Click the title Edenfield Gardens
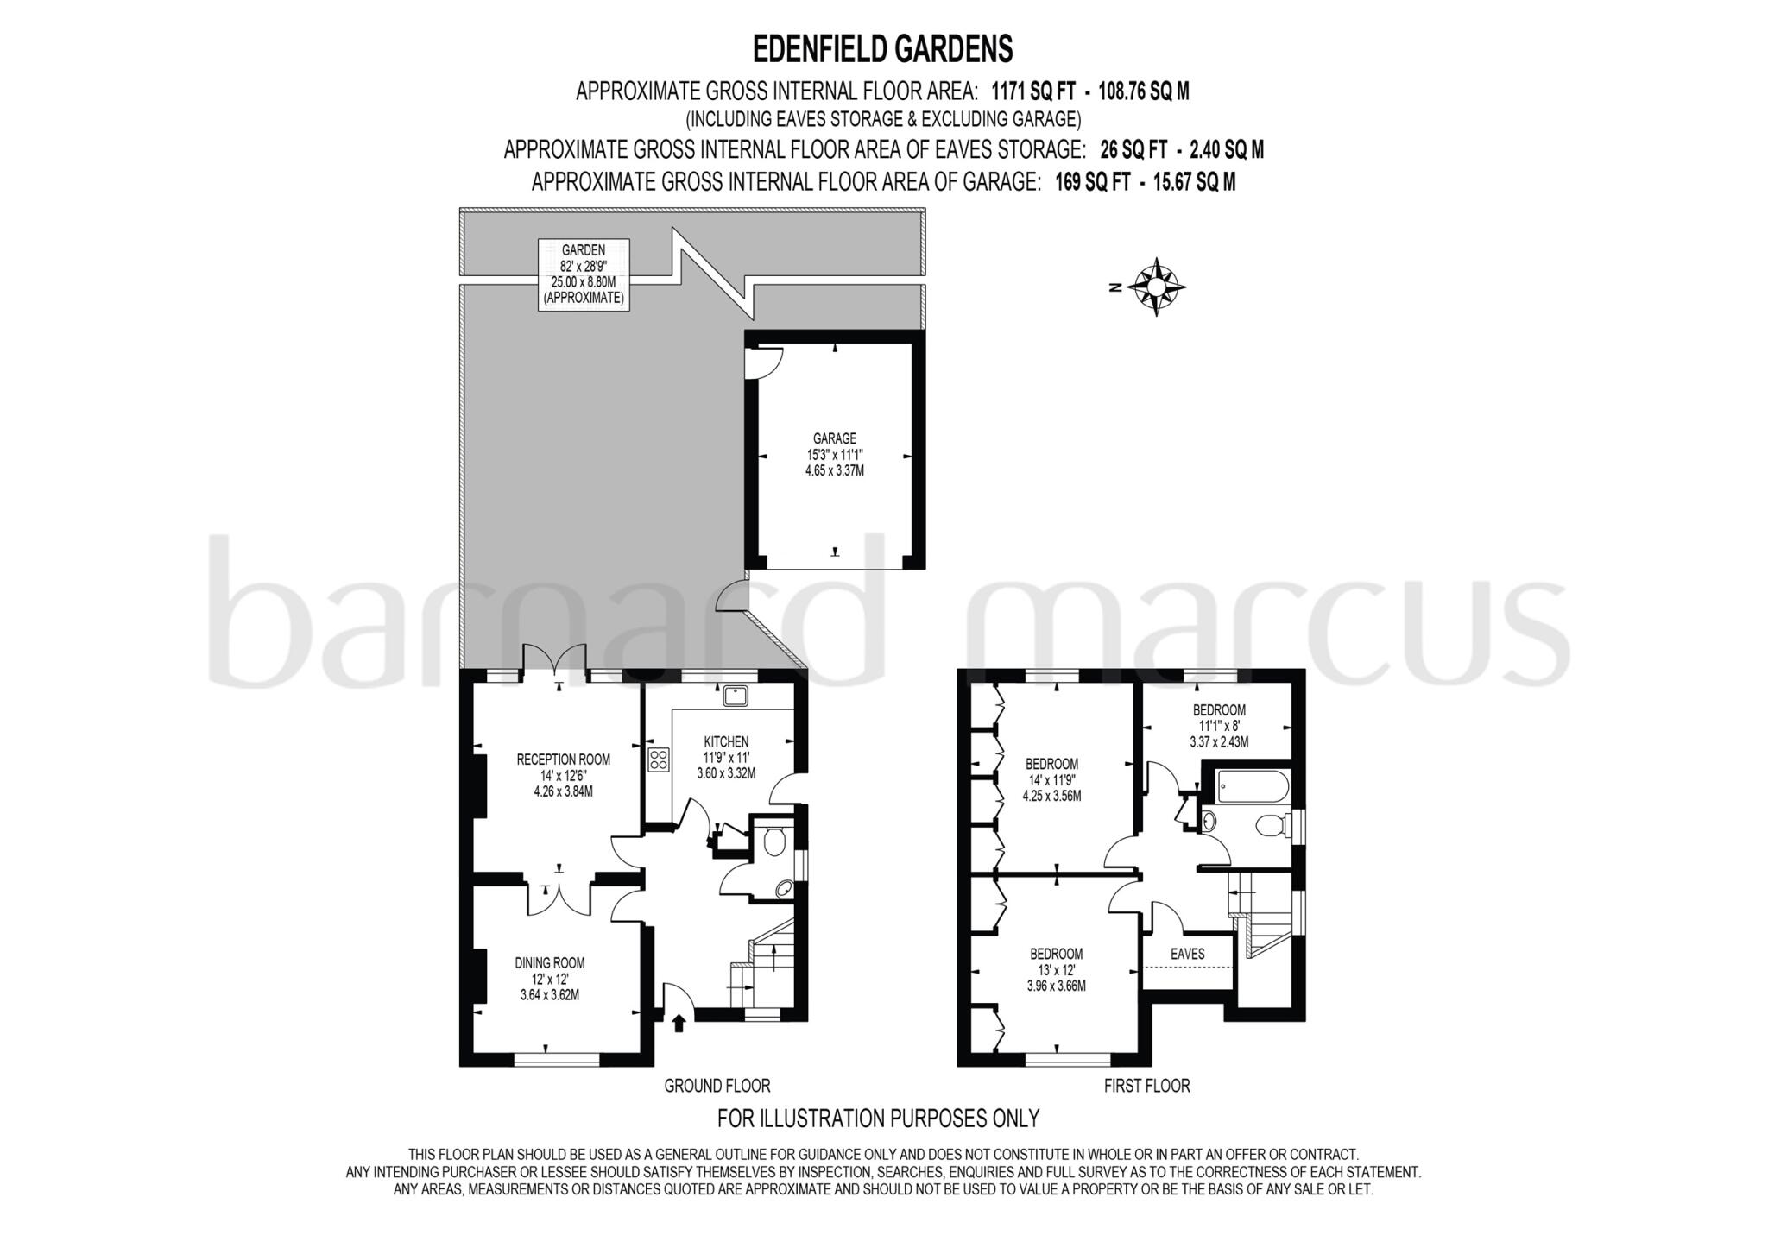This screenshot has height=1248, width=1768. point(882,49)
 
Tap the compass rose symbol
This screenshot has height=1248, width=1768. point(1156,287)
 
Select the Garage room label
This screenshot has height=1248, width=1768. point(834,455)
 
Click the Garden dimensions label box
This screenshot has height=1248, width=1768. point(583,274)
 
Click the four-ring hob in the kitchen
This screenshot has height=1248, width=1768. point(659,760)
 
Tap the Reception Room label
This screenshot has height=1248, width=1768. point(563,774)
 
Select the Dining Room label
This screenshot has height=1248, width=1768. point(550,978)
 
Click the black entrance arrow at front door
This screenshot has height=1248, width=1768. point(679,1024)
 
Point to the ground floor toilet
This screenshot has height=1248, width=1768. point(774,840)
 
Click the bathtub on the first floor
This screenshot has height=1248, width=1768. point(1251,785)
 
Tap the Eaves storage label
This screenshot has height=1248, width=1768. point(1187,954)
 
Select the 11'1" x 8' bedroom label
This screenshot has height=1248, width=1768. point(1219,726)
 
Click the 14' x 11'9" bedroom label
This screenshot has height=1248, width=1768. point(1051,779)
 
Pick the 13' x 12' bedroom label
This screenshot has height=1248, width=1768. point(1056,969)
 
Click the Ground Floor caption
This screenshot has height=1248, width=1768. point(717,1086)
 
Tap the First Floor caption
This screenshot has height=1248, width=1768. point(1146,1086)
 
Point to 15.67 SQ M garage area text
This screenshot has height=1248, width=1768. point(1194,182)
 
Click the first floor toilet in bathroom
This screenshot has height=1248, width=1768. point(1270,826)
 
